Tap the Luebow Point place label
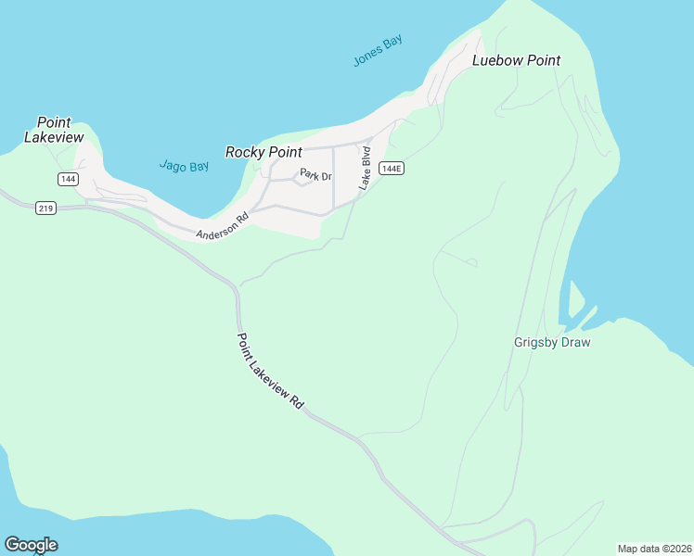point(517,60)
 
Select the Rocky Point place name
point(263,152)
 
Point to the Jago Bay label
point(184,166)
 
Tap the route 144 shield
point(67,178)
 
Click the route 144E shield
point(392,169)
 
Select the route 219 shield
point(46,208)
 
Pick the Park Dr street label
point(315,174)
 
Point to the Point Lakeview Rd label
point(270,372)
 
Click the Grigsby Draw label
point(552,342)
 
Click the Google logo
point(31,545)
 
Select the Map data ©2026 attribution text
point(654,549)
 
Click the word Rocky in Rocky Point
point(244,152)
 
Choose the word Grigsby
point(534,342)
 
